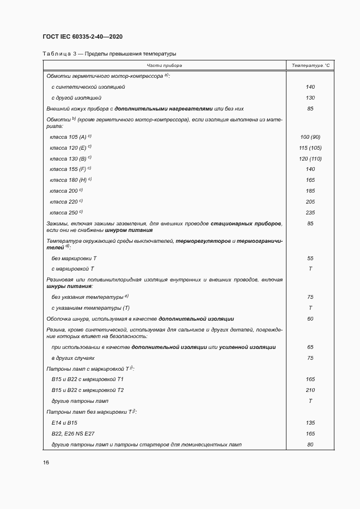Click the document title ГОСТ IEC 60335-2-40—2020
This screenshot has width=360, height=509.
pos(82,36)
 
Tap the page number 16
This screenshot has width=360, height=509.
pos(46,462)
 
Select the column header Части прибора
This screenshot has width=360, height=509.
pos(164,65)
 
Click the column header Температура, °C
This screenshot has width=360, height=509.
pos(310,65)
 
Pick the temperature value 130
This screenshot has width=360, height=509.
pos(310,98)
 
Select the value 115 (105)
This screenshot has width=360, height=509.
pos(310,148)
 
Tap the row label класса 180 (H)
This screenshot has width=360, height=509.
pos(69,180)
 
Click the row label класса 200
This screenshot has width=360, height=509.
pos(64,191)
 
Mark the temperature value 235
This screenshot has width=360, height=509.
pos(310,212)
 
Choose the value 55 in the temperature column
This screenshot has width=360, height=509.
pos(310,258)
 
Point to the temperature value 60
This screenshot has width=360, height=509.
pos(310,318)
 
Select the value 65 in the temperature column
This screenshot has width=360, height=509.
pos(310,347)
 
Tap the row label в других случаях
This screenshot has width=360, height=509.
pos(73,358)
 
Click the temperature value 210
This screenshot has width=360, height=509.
pos(310,390)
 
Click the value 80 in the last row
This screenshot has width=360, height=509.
pos(310,445)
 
